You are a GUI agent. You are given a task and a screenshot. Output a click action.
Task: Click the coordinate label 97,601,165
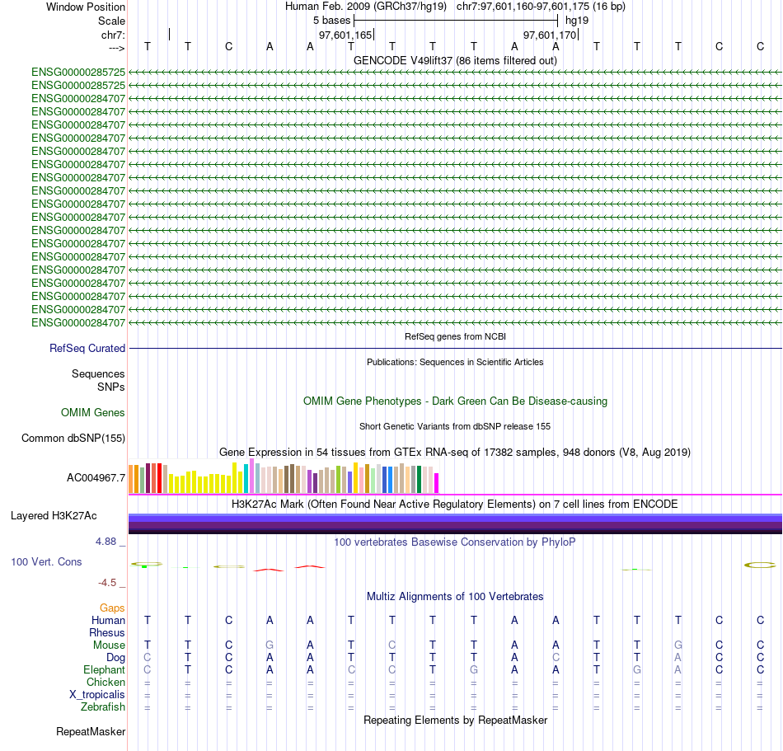[345, 35]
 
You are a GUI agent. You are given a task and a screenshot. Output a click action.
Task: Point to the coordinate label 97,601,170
[550, 35]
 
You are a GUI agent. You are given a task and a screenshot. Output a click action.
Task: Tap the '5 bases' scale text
[331, 20]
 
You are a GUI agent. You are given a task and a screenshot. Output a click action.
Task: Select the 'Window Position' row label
[86, 7]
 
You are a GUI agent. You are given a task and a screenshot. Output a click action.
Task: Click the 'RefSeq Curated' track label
[87, 349]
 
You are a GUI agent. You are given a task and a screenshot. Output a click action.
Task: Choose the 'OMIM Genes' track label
[93, 412]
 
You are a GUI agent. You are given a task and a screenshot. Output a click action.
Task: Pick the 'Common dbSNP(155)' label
[73, 439]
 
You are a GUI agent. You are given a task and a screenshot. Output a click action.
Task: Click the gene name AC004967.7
[96, 477]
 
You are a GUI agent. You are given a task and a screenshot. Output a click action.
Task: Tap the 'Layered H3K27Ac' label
[54, 516]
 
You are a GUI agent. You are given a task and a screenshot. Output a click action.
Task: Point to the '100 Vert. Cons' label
[46, 561]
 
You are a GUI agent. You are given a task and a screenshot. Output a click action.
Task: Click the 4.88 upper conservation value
[106, 542]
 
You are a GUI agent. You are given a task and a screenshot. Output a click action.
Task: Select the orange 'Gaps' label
[112, 608]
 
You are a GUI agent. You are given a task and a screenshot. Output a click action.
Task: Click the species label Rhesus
[107, 632]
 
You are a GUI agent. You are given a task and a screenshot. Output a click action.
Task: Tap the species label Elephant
[105, 669]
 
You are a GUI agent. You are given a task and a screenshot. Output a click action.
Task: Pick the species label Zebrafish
[103, 706]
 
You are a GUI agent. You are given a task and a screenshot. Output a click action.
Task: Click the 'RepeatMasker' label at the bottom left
[91, 731]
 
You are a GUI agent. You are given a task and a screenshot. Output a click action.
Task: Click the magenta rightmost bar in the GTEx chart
[437, 483]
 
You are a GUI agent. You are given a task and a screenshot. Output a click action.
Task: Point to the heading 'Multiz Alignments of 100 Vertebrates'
[455, 596]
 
